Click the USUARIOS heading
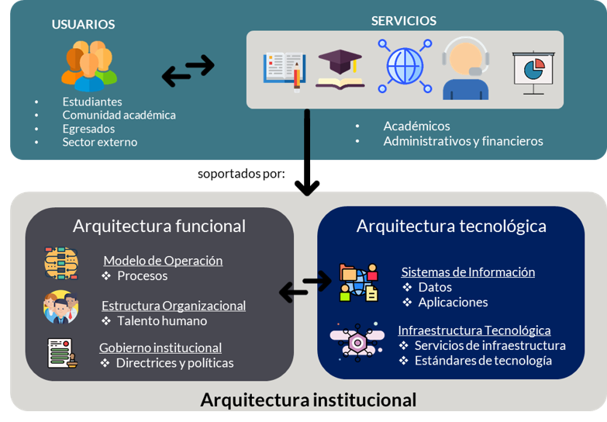[83, 24]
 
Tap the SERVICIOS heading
[403, 21]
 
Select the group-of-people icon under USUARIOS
[89, 66]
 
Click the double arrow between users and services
[188, 71]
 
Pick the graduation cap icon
[340, 69]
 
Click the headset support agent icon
[465, 71]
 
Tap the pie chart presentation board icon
[533, 72]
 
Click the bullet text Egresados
[88, 129]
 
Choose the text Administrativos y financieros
[463, 141]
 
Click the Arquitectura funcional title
[159, 226]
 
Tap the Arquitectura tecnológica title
[451, 226]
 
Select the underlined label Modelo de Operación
[163, 261]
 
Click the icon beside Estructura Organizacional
[61, 307]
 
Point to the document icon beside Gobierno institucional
[61, 354]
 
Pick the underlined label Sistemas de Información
[467, 272]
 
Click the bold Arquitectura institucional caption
[308, 400]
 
